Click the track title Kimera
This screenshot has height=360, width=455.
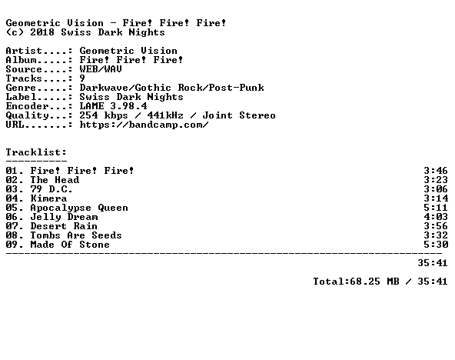tap(48, 198)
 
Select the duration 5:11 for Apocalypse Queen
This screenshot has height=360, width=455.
tap(436, 208)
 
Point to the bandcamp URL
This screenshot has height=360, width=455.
tap(144, 125)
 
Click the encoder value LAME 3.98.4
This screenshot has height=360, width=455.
tap(113, 106)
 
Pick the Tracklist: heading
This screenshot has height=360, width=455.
tap(36, 152)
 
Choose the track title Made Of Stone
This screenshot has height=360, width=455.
tap(70, 245)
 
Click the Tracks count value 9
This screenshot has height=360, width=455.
tap(82, 78)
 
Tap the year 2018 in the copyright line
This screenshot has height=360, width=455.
tap(42, 32)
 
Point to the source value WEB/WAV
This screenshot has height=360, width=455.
tap(101, 69)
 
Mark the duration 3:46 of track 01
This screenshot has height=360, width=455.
tap(436, 171)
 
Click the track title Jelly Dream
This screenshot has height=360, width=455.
tap(64, 217)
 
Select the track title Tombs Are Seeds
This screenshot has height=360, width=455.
tap(76, 235)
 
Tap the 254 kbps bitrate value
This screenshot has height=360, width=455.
tap(104, 115)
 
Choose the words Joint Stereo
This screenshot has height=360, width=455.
tap(239, 115)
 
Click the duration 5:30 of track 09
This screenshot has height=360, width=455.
tap(436, 245)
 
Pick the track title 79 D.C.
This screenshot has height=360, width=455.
tap(51, 189)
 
